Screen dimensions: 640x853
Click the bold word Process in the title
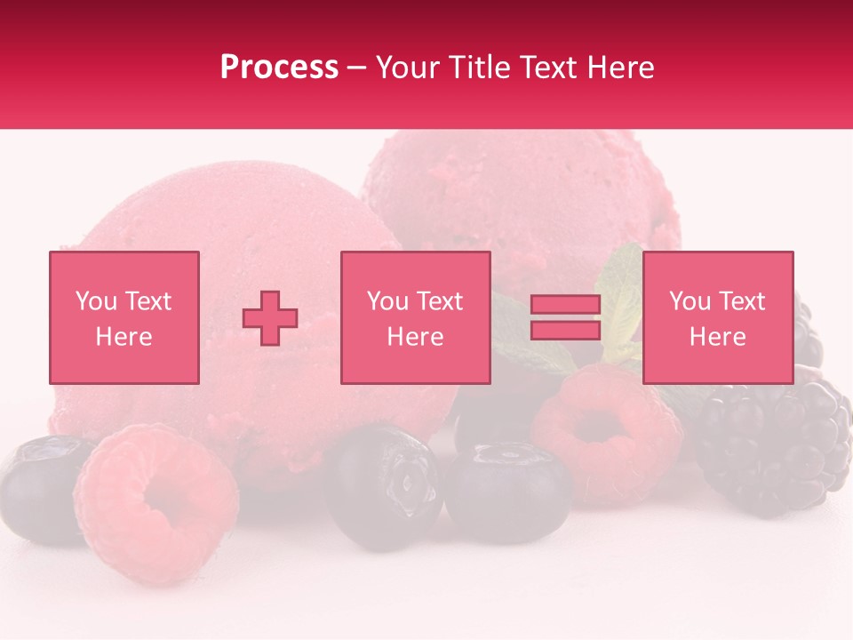coord(279,68)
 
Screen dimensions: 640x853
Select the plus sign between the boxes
coord(270,318)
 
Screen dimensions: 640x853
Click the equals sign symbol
coord(565,317)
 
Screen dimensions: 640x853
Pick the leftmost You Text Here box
coord(124,317)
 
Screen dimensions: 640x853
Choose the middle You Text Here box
coord(415,317)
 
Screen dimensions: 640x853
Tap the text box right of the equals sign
coord(717,317)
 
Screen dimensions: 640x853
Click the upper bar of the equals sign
coord(565,305)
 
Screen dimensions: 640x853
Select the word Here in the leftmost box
coord(124,336)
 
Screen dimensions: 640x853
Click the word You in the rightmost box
coord(690,301)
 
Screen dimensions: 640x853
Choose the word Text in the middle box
coord(440,301)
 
